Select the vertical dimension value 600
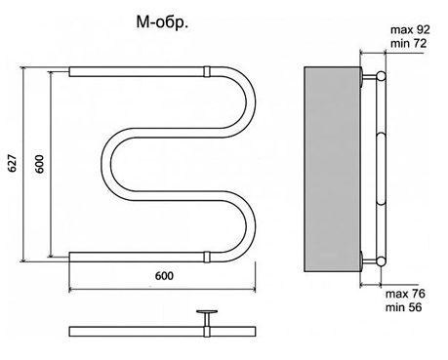[x=40, y=165]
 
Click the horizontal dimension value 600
[x=164, y=276]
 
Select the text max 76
[x=407, y=294]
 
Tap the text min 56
[x=407, y=309]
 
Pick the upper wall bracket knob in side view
[x=380, y=76]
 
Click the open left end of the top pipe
[x=71, y=71]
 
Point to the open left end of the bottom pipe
[x=71, y=258]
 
